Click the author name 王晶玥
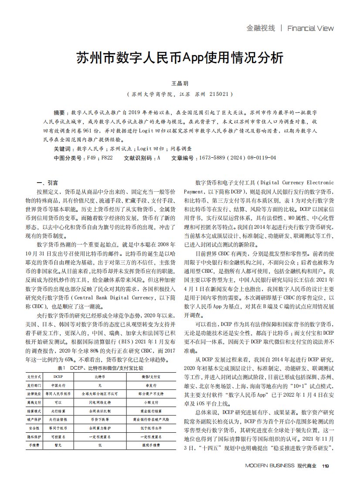[180, 83]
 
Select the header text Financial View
[310, 28]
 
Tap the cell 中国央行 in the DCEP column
[58, 385]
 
